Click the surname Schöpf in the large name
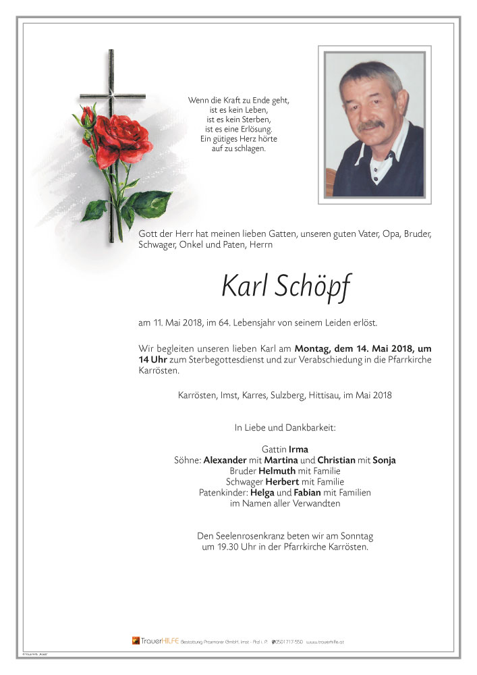[313, 288]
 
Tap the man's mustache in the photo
[370, 126]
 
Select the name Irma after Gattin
[298, 450]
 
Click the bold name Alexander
[225, 460]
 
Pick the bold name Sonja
[384, 460]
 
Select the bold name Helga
[271, 493]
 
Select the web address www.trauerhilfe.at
[326, 641]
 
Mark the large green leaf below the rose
[150, 202]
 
